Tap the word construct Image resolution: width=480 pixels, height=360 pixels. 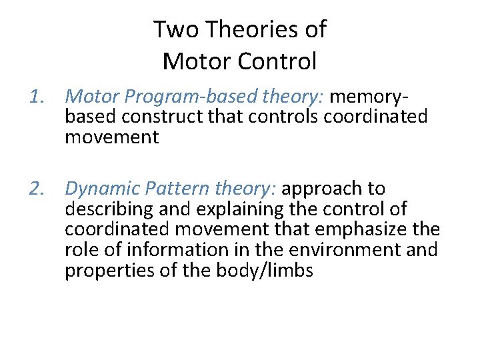click(x=151, y=117)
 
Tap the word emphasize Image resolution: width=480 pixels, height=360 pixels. click(x=371, y=230)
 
